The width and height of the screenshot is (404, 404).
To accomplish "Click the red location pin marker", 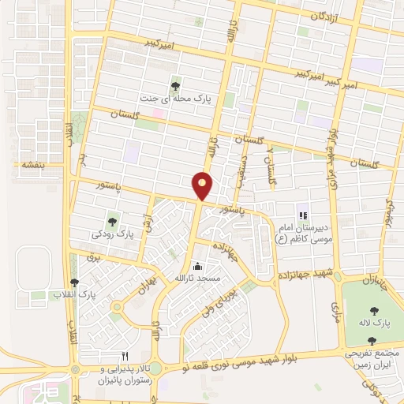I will pos(203,186).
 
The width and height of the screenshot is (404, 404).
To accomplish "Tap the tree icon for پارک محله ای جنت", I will pos(175,87).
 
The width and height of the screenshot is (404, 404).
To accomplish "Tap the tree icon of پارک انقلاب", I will pos(75,282).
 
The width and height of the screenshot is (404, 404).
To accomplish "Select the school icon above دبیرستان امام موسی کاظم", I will pos(301,215).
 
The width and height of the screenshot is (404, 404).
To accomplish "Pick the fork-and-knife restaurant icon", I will pos(124,357).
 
